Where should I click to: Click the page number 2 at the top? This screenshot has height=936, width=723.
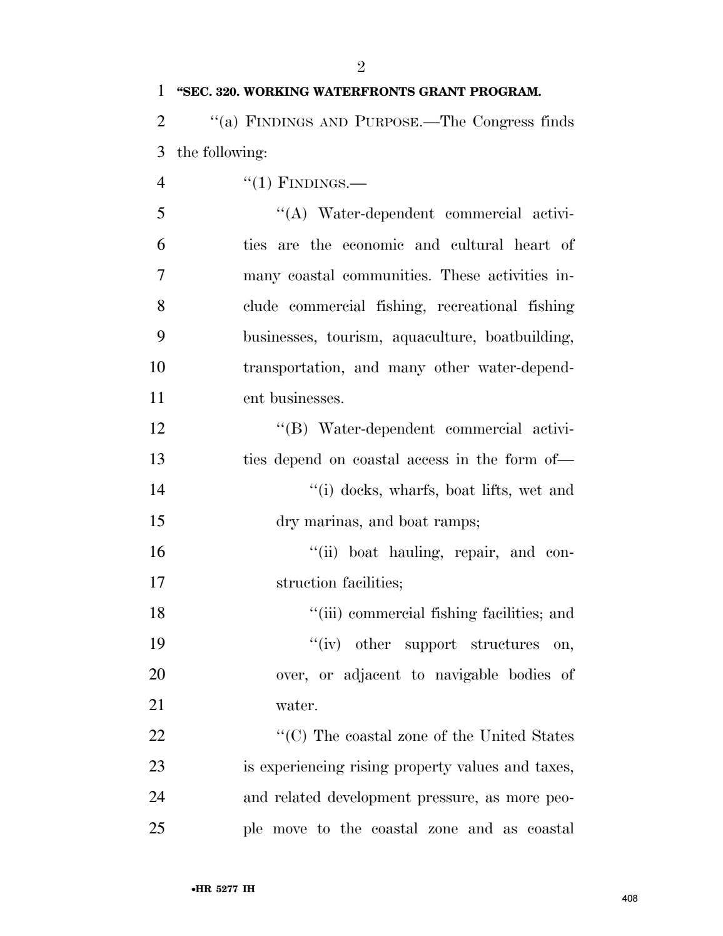(361, 67)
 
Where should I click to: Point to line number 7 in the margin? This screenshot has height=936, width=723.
(161, 275)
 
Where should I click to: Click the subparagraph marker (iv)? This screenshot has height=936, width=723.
(329, 644)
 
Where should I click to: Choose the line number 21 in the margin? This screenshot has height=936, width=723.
(156, 705)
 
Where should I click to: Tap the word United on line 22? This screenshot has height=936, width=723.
(502, 736)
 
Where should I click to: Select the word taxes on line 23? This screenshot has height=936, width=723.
(553, 766)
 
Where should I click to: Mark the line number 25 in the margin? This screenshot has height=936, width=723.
(156, 828)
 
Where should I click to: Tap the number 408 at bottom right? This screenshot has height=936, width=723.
(629, 899)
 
